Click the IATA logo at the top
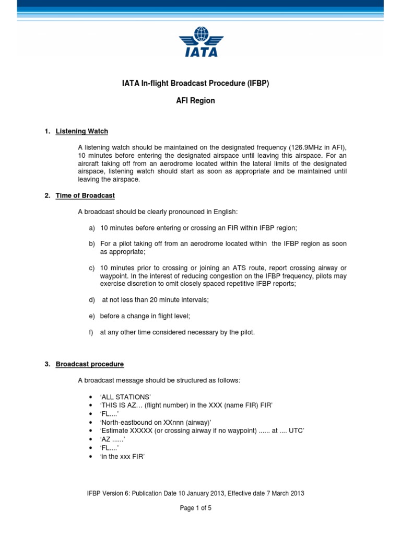pyautogui.click(x=200, y=42)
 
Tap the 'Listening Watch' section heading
pyautogui.click(x=81, y=131)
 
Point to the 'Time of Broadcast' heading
pyautogui.click(x=85, y=195)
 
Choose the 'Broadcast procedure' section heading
pyautogui.click(x=90, y=364)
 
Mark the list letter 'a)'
pyautogui.click(x=92, y=228)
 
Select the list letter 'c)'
pyautogui.click(x=92, y=267)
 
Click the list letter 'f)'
pyautogui.click(x=92, y=332)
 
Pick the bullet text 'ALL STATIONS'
pyautogui.click(x=124, y=397)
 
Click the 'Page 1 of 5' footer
pyautogui.click(x=195, y=507)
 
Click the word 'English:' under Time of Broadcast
pyautogui.click(x=225, y=212)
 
